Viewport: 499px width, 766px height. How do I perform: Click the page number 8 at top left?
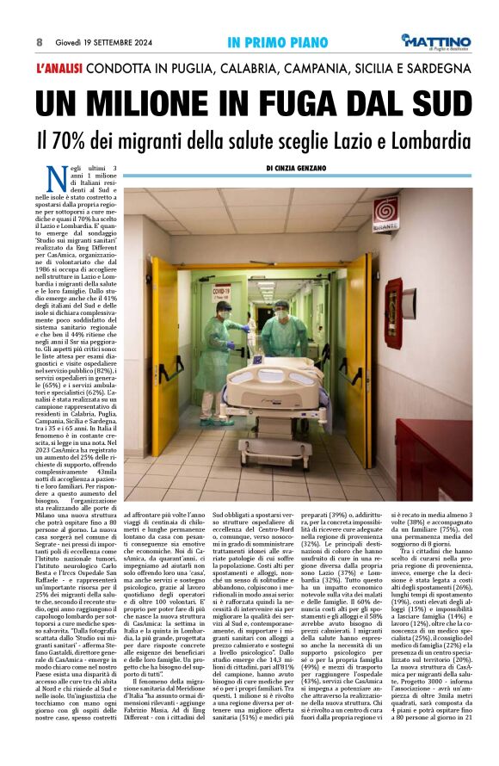[x=39, y=41]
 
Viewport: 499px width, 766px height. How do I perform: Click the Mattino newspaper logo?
[x=438, y=41]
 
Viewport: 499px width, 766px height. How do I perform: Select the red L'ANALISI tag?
[x=64, y=67]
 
